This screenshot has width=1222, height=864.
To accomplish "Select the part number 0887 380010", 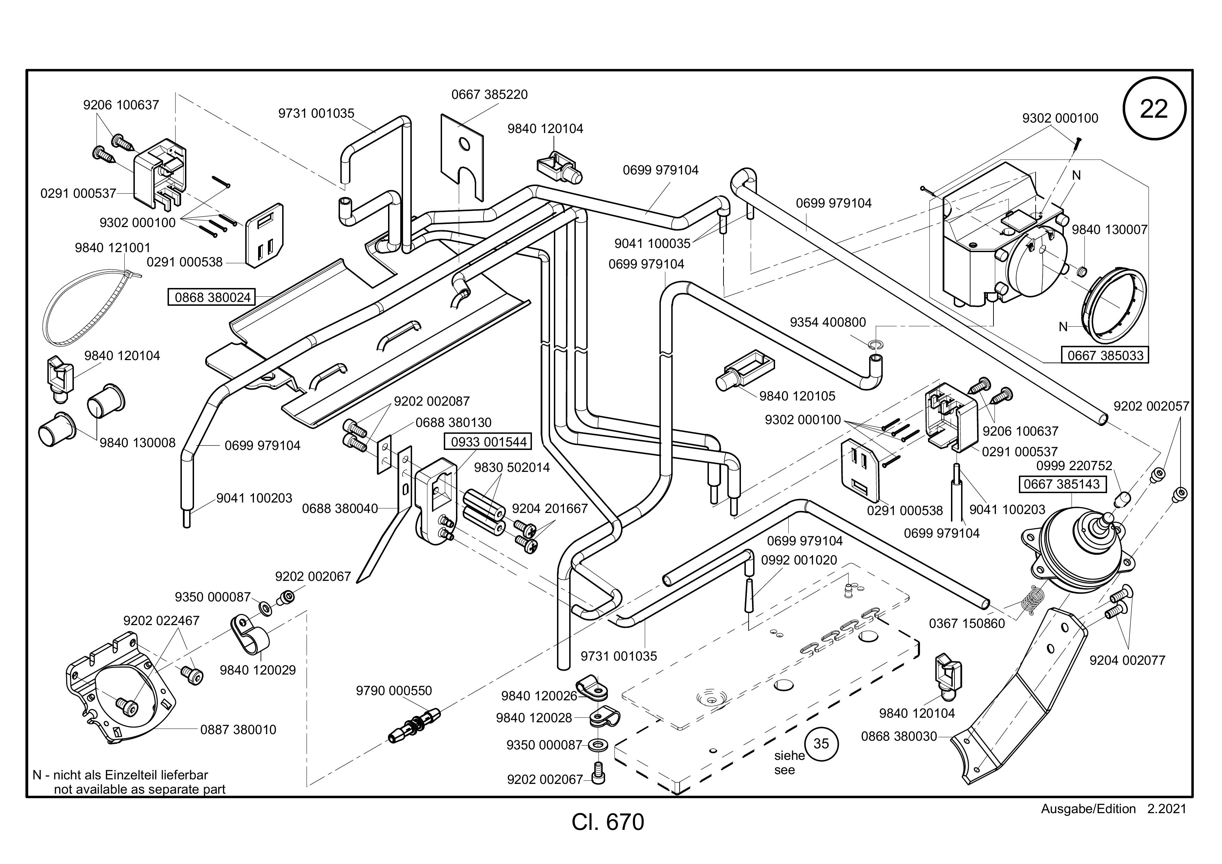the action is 238,729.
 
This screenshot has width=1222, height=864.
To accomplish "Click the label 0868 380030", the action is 899,736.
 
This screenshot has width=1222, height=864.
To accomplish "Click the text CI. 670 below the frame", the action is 608,822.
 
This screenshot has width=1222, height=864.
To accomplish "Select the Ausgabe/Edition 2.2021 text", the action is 1113,809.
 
